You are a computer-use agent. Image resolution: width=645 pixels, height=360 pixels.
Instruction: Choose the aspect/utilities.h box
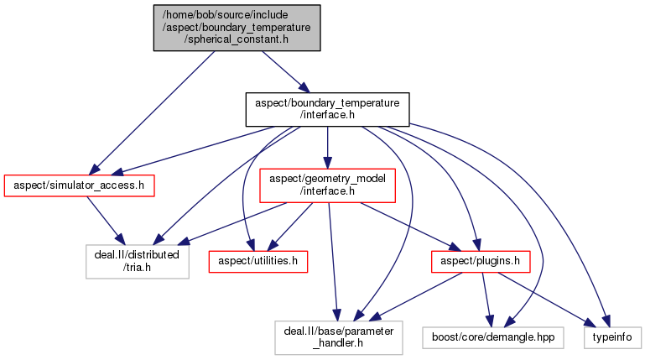[258, 262]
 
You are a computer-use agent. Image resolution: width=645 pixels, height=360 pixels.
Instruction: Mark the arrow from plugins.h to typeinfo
[545, 298]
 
